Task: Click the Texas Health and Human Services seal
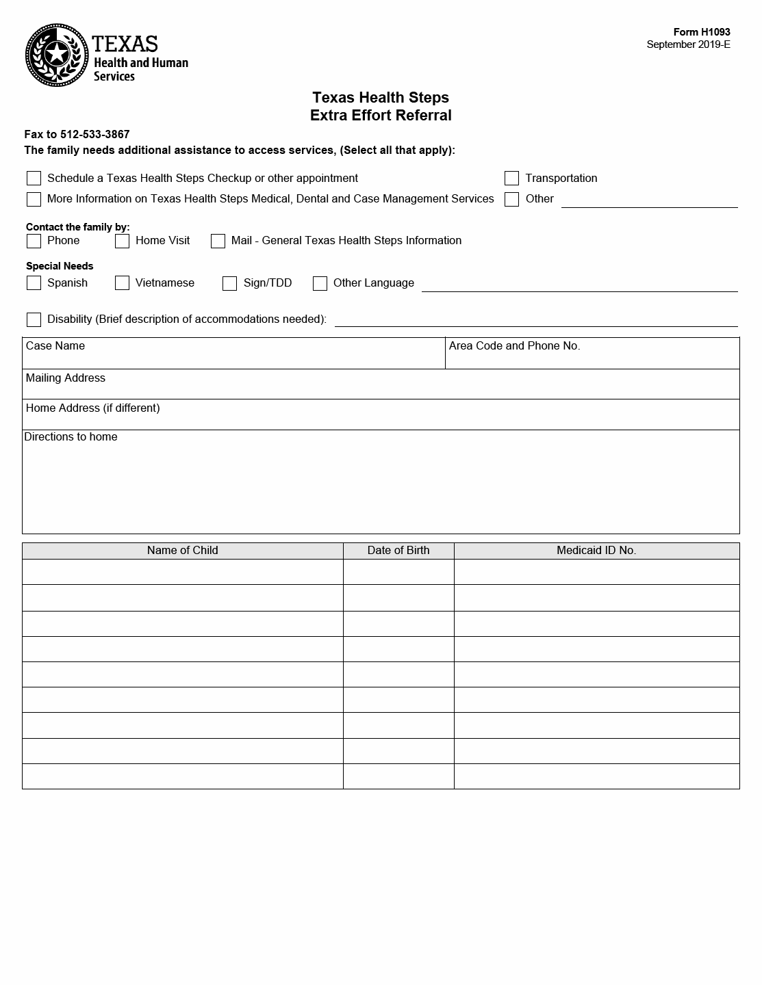[57, 55]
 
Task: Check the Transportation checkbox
[511, 179]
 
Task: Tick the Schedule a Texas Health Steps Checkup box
[34, 179]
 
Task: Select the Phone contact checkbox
[34, 241]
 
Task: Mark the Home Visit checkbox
[122, 241]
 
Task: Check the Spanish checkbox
[34, 283]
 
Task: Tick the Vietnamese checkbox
[122, 283]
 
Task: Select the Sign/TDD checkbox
[229, 283]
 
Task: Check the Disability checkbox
[34, 319]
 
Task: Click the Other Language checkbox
[320, 283]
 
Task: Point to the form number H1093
[702, 32]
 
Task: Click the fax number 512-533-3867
[94, 135]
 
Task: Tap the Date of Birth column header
[398, 551]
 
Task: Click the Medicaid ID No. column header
[596, 551]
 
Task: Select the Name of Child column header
[182, 551]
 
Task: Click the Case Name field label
[55, 346]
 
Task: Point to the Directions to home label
[71, 437]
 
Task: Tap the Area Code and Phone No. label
[514, 346]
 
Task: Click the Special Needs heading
[60, 266]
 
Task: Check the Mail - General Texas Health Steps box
[218, 241]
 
